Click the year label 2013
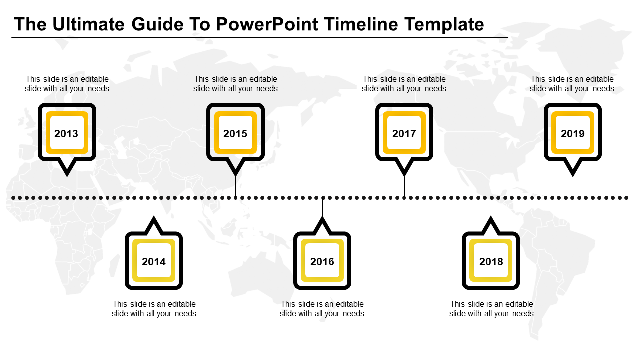(66, 133)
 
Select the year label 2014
(154, 261)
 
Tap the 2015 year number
(235, 133)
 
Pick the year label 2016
(322, 261)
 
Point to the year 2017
(404, 133)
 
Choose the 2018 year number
(491, 261)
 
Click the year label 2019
(573, 133)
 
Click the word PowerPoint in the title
(267, 24)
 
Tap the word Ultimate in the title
(89, 24)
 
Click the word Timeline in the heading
(361, 24)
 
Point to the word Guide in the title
(157, 24)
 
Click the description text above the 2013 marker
(67, 84)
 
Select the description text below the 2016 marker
(322, 309)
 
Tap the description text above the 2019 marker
(572, 84)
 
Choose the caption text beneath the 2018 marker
(491, 309)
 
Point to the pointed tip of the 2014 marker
(154, 217)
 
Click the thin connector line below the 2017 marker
(404, 187)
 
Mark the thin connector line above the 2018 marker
(491, 207)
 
